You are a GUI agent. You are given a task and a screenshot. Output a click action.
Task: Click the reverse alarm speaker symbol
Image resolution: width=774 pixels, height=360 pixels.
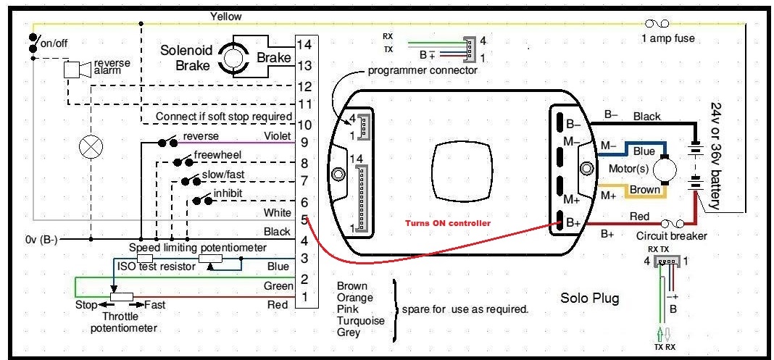[x=78, y=70]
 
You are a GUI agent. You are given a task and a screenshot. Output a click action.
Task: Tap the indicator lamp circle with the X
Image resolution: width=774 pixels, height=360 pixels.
[x=91, y=147]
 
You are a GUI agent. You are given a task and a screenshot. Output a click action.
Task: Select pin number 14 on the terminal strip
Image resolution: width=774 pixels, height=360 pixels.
[x=305, y=44]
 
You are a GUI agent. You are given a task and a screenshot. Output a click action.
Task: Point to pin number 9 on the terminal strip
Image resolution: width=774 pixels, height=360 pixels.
[x=304, y=143]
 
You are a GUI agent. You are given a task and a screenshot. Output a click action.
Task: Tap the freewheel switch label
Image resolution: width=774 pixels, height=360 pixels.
[x=217, y=155]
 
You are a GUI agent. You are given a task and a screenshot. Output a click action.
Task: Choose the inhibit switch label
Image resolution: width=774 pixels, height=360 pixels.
[x=228, y=193]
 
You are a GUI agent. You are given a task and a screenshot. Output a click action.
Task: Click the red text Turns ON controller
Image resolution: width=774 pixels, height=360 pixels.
[x=448, y=223]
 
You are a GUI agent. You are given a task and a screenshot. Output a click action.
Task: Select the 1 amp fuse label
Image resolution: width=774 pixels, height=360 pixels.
[x=668, y=38]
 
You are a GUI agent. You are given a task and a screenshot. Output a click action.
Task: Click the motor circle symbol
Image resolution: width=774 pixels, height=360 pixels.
[x=667, y=169]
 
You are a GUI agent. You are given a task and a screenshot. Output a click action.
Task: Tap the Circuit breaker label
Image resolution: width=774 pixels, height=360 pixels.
[x=671, y=235]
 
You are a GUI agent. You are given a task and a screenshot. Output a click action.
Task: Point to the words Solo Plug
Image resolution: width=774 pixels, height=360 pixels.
[x=589, y=298]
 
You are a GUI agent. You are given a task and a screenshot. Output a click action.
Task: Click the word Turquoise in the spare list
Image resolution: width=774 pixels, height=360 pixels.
[x=360, y=321]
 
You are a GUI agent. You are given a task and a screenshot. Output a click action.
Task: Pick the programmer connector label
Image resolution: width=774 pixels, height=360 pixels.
[x=423, y=70]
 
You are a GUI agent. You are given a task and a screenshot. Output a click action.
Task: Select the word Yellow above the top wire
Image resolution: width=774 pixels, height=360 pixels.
[x=225, y=16]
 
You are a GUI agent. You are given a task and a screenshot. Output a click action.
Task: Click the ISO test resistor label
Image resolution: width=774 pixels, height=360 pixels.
[x=156, y=267]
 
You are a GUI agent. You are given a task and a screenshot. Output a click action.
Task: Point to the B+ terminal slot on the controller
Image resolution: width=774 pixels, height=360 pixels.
[x=561, y=221]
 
